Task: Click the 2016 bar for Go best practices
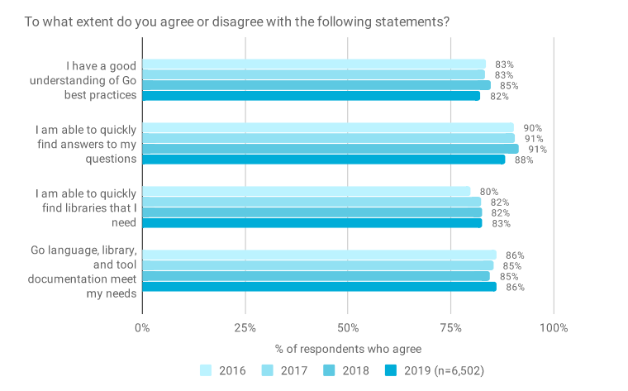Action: click(314, 64)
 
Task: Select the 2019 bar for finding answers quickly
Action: click(323, 160)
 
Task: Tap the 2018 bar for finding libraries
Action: click(312, 212)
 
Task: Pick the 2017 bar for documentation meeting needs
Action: click(317, 265)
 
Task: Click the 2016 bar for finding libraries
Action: click(306, 191)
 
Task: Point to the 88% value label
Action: click(524, 160)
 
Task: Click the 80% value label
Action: click(489, 192)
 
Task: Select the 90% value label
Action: click(532, 128)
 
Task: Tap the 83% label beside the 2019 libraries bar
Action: click(501, 223)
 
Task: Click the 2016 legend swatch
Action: click(207, 370)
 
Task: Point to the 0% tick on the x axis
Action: click(142, 328)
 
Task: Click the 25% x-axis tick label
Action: click(245, 328)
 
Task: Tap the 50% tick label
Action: click(348, 328)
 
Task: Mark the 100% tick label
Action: click(553, 328)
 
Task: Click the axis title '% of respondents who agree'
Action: click(348, 349)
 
